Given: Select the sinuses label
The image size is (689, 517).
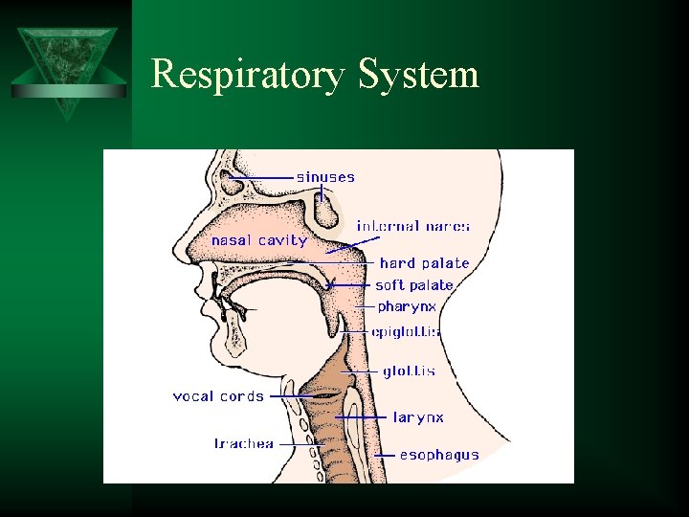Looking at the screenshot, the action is tap(325, 176).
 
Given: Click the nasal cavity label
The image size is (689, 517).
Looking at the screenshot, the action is tap(259, 240).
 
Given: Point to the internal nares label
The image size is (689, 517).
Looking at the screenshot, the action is tap(413, 226).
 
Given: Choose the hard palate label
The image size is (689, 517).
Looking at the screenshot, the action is tap(424, 262).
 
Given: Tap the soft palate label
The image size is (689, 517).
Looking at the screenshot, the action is tap(414, 285).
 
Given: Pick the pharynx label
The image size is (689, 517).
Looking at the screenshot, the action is tap(407, 307).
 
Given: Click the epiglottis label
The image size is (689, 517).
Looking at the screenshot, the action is tap(406, 332).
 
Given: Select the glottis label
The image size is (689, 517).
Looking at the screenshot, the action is tap(409, 371).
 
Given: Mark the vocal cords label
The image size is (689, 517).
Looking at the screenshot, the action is tap(218, 395).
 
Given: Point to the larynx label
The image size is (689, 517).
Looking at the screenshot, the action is tap(418, 417).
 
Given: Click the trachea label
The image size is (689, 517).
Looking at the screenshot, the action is tap(243, 443).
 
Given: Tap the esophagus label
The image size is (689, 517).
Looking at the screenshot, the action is tap(439, 455).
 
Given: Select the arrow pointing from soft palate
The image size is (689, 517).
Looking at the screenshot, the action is tap(349, 285).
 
